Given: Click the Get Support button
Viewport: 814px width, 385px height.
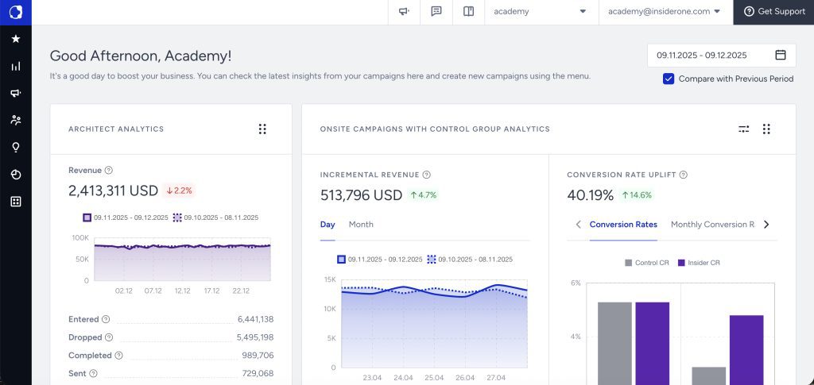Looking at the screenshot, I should tap(773, 12).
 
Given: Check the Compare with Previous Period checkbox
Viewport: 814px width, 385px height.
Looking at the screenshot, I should tap(669, 79).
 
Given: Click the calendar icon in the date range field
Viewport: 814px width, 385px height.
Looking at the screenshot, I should tap(780, 55).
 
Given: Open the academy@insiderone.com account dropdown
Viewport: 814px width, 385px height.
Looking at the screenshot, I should tap(664, 12).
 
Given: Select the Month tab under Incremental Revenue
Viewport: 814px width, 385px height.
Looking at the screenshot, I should tap(361, 225).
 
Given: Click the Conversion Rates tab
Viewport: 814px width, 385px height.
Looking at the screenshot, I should tap(623, 225).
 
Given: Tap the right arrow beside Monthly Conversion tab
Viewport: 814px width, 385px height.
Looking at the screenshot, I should tap(766, 225).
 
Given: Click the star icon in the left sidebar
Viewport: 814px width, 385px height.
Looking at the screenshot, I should tap(16, 39).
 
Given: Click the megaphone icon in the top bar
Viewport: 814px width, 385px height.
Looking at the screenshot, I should tap(404, 12).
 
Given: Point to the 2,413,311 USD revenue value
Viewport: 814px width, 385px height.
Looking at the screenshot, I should tap(113, 191).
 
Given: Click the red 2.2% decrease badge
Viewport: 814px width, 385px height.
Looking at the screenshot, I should tap(179, 191).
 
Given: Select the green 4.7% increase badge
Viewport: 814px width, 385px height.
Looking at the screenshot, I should tap(424, 194).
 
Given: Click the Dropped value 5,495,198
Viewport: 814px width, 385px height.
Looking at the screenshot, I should tap(255, 337).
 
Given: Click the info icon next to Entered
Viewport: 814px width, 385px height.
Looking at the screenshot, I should tap(106, 319).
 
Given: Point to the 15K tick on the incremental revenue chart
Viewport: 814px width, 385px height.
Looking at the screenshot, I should tap(330, 279).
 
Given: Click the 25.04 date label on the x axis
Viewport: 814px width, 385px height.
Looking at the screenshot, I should tap(435, 378).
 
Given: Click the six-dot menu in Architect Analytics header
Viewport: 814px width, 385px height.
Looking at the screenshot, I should tap(262, 129).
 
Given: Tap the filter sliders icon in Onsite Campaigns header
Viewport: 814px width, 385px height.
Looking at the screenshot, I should tap(744, 129).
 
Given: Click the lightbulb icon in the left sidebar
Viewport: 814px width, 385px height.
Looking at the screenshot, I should tap(16, 148).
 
